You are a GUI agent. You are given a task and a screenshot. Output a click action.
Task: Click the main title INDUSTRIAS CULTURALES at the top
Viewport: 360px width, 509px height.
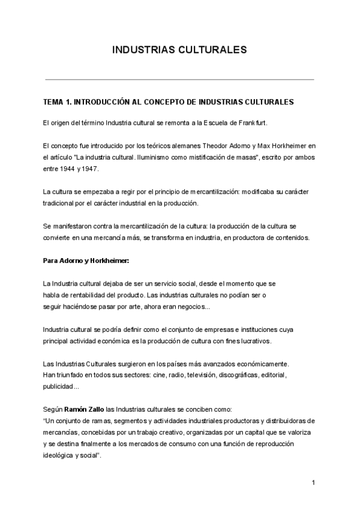179,50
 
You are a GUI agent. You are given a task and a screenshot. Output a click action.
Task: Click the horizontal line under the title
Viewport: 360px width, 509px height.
179,79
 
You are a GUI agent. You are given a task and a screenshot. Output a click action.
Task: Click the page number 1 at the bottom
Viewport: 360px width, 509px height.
313,483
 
